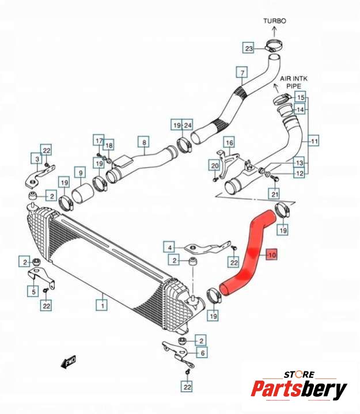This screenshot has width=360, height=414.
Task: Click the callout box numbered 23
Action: [248, 48]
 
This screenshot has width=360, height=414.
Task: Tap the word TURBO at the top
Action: [275, 21]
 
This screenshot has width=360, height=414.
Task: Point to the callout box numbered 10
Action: [272, 255]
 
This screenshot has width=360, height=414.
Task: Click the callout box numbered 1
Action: [103, 301]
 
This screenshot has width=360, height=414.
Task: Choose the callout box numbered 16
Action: [229, 142]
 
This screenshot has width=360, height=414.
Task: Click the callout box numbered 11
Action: [314, 140]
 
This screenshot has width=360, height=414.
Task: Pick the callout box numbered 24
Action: [188, 125]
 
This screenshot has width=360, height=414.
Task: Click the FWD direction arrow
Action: [70, 362]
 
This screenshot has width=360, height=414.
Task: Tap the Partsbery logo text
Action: [299, 389]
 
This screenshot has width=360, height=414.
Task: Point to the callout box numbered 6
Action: [202, 352]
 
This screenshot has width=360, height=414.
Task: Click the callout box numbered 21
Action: [275, 194]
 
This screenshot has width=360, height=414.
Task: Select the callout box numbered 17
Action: [98, 140]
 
